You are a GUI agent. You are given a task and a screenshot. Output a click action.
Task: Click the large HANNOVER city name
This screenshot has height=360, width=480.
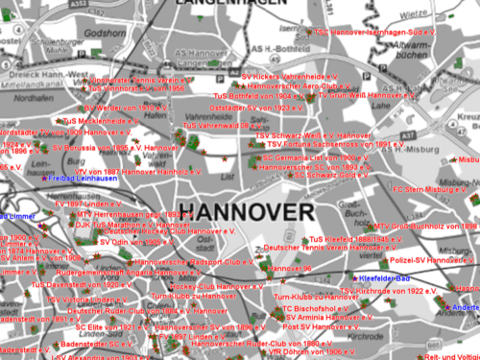coord(246,212)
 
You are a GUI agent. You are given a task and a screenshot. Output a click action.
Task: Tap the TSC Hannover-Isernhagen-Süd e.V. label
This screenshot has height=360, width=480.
coord(376,32)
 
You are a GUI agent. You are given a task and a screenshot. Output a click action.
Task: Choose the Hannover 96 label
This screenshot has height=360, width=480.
coord(290,269)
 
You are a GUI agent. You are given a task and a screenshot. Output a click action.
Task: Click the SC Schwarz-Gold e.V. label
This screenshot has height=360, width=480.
coord(331,176)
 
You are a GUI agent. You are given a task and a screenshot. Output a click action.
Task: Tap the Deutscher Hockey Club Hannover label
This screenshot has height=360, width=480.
coord(157,231)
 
